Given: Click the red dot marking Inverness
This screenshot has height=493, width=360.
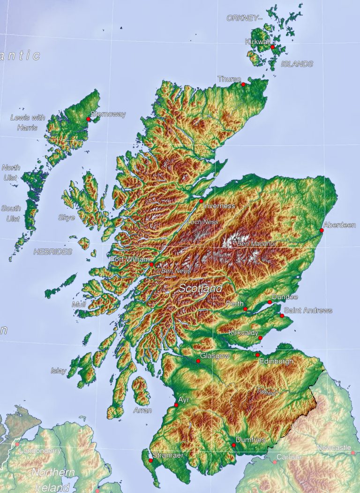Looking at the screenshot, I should pyautogui.click(x=201, y=201).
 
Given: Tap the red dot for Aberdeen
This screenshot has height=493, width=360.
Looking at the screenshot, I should pyautogui.click(x=322, y=230).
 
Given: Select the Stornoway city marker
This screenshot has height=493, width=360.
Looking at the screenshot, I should pyautogui.click(x=88, y=119).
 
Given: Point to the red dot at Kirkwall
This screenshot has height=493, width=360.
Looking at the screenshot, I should pyautogui.click(x=272, y=47).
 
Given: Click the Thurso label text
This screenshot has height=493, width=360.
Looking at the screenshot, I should pyautogui.click(x=229, y=79).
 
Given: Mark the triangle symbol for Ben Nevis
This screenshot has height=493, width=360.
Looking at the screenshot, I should pyautogui.click(x=158, y=265).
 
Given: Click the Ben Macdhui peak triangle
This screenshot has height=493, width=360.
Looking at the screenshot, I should pyautogui.click(x=235, y=239).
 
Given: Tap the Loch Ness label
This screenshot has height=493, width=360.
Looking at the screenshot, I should pyautogui.click(x=203, y=222).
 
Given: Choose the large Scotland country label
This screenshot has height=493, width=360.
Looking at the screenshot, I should pyautogui.click(x=200, y=288).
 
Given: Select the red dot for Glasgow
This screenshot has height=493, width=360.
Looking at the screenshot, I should pyautogui.click(x=198, y=361).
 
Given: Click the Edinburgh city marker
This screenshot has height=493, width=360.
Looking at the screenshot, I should pyautogui.click(x=257, y=355).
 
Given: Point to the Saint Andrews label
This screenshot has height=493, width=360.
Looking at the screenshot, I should pyautogui.click(x=308, y=311).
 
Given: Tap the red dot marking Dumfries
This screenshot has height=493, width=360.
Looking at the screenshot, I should pyautogui.click(x=233, y=445).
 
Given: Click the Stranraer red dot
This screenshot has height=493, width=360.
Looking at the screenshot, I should pyautogui.click(x=150, y=461).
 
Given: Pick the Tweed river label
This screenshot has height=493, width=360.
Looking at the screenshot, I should pyautogui.click(x=265, y=392).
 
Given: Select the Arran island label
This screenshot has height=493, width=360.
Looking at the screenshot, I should pyautogui.click(x=142, y=410).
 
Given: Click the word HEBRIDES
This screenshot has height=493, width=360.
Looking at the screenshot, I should pyautogui.click(x=53, y=252).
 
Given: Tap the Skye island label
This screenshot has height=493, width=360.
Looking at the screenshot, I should pyautogui.click(x=66, y=217).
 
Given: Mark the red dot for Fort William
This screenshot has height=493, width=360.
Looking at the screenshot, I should pyautogui.click(x=151, y=265).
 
